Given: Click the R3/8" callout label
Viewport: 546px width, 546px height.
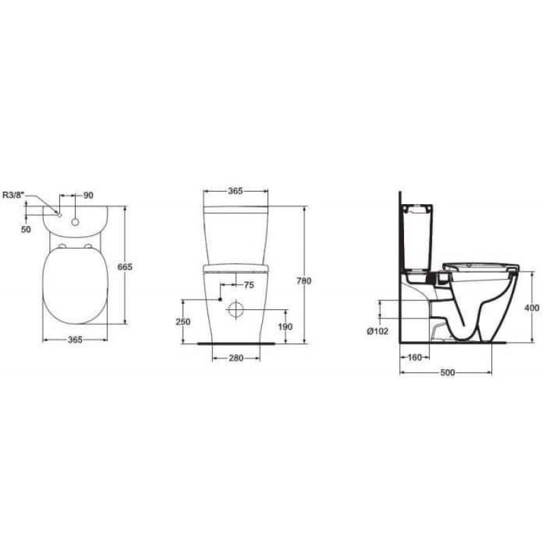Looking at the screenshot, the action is (14, 195).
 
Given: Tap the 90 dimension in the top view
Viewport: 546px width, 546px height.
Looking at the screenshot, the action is (89, 195).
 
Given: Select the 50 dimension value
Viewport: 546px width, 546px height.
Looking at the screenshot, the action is (26, 229).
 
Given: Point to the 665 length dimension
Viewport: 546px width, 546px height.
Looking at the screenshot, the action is (125, 267).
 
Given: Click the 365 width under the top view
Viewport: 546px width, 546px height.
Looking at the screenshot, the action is (75, 339).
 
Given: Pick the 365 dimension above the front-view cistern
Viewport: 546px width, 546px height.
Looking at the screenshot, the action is (235, 191).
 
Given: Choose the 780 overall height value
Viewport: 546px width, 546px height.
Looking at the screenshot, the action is (304, 281).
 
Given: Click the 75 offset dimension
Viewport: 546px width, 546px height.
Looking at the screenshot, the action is (248, 285).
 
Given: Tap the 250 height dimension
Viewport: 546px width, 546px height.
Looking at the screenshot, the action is (183, 321).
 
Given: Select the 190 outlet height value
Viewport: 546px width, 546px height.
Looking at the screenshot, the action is (285, 326).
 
